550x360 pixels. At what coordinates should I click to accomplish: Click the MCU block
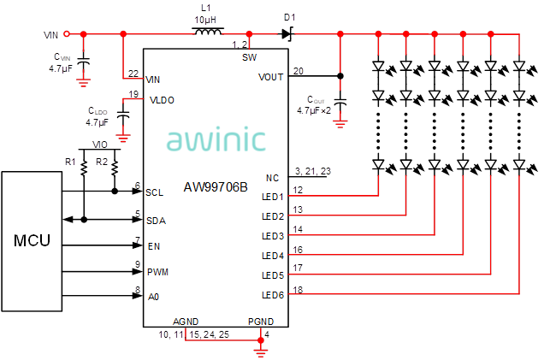pyautogui.click(x=32, y=240)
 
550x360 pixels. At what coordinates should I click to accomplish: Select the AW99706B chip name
pyautogui.click(x=216, y=186)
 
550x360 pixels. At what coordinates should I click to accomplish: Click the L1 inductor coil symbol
pyautogui.click(x=206, y=34)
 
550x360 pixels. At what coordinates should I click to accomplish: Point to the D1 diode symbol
pyautogui.click(x=287, y=34)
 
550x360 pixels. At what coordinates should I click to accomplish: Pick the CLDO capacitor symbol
pyautogui.click(x=123, y=114)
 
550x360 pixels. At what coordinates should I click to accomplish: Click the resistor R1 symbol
pyautogui.click(x=85, y=170)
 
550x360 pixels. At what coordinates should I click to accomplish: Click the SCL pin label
pyautogui.click(x=155, y=192)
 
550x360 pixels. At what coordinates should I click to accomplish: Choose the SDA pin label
pyautogui.click(x=155, y=221)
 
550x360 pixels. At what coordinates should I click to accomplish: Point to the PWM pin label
pyautogui.click(x=157, y=272)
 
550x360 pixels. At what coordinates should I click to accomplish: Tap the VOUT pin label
pyautogui.click(x=270, y=76)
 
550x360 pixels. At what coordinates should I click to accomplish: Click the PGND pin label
pyautogui.click(x=261, y=321)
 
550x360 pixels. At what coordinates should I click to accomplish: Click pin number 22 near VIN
pyautogui.click(x=133, y=73)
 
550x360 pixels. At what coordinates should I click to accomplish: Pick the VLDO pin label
pyautogui.click(x=163, y=100)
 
